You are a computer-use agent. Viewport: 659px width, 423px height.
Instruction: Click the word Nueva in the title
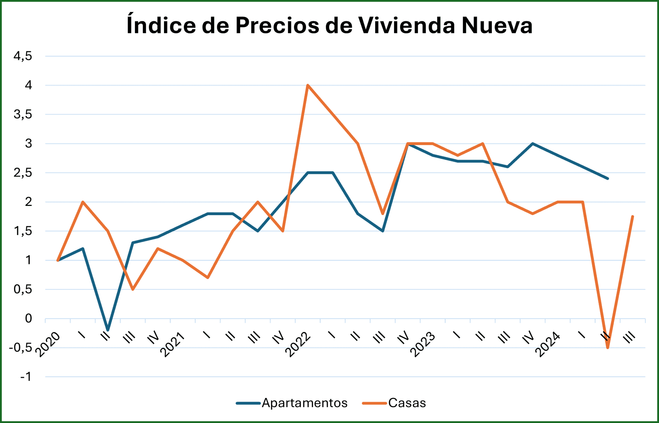click(497, 25)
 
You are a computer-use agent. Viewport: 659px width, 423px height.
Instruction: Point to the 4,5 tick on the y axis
click(23, 56)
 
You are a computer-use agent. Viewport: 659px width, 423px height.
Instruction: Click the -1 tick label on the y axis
click(26, 377)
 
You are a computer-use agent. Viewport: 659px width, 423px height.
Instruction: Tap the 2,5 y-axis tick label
click(23, 173)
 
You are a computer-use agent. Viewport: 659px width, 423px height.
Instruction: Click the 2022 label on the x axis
click(298, 344)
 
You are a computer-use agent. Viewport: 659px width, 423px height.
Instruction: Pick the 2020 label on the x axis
click(48, 344)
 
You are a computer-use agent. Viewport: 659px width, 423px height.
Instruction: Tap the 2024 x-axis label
click(548, 344)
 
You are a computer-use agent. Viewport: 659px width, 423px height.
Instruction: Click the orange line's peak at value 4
click(308, 85)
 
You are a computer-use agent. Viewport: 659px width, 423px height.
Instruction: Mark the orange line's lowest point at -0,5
click(608, 348)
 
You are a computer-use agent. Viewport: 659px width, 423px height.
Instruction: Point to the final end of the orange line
click(632, 216)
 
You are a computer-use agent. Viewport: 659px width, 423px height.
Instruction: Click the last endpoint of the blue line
click(608, 178)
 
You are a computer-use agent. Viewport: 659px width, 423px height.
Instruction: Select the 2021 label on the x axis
click(173, 344)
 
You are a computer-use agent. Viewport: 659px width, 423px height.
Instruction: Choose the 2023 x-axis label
click(423, 344)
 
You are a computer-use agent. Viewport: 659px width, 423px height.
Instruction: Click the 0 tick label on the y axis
click(28, 318)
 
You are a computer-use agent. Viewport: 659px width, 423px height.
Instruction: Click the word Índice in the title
click(161, 25)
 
